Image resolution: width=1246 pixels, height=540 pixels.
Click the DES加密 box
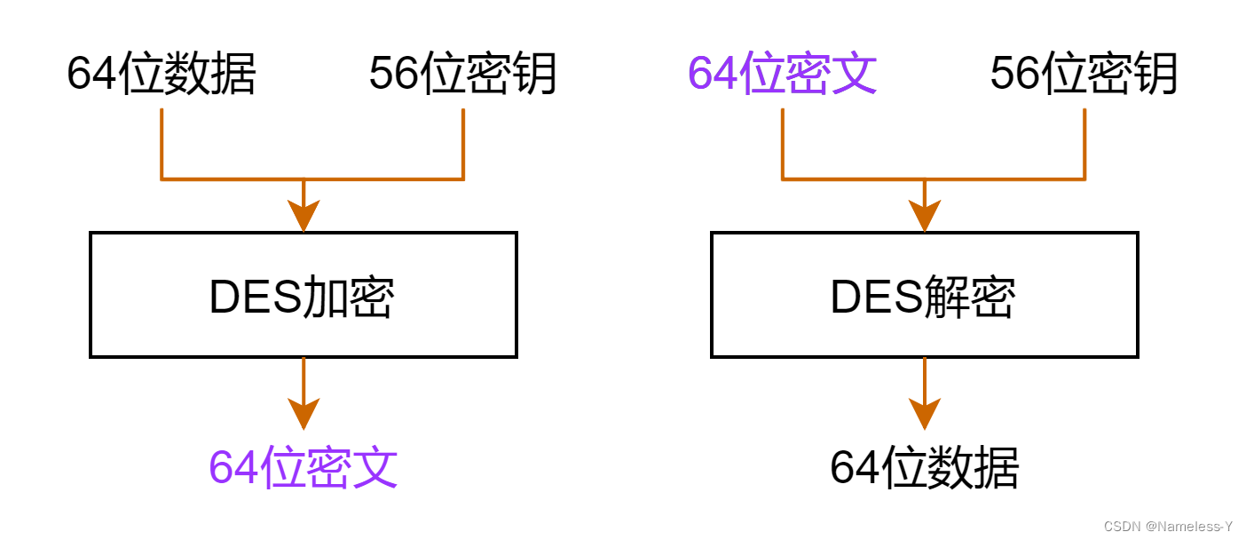(303, 295)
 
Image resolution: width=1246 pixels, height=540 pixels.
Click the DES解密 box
(924, 295)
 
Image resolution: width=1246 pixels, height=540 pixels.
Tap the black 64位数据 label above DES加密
(162, 74)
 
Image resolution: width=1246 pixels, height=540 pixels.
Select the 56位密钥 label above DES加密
(462, 74)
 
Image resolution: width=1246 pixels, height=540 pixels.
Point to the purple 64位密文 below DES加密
(303, 467)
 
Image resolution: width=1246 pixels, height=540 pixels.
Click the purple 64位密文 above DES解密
(782, 74)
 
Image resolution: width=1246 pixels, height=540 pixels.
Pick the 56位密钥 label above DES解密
(1084, 74)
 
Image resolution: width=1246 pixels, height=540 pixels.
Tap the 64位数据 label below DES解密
(924, 467)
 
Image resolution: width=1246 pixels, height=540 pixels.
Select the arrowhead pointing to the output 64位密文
(304, 414)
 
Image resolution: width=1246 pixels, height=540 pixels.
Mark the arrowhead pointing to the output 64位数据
(925, 414)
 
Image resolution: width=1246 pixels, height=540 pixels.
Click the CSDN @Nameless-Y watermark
(1168, 526)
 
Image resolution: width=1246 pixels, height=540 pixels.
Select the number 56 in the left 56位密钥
(393, 74)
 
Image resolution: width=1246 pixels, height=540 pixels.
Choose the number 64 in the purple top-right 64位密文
(713, 74)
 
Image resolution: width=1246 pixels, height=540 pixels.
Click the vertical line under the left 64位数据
(162, 142)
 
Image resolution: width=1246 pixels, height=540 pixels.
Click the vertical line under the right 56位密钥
(1084, 142)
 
